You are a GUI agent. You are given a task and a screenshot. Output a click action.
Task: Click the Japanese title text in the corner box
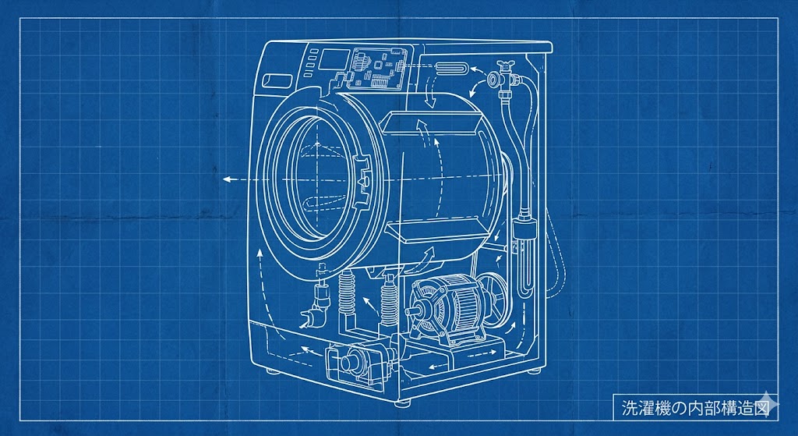694,407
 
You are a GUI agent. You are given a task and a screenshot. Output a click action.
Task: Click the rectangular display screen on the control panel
334,59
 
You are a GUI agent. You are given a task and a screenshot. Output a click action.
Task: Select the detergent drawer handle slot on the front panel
277,80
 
